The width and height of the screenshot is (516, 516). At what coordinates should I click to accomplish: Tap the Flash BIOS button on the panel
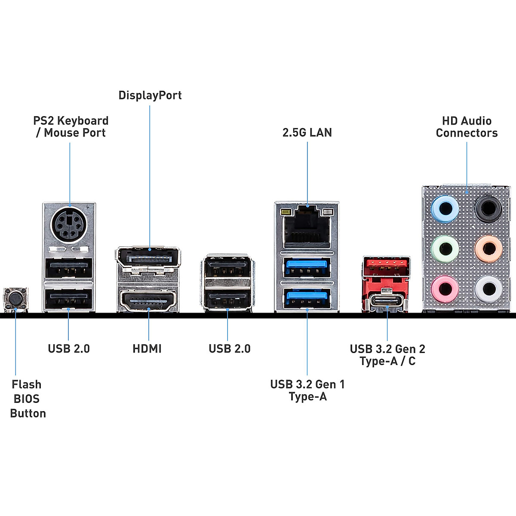[15, 298]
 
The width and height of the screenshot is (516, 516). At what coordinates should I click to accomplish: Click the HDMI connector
[149, 301]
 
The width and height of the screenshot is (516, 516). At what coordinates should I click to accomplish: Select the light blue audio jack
[445, 209]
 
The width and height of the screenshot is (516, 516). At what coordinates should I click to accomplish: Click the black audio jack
[488, 209]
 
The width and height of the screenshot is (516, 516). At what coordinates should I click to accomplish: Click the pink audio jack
[445, 289]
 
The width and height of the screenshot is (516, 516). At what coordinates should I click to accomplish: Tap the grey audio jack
[488, 289]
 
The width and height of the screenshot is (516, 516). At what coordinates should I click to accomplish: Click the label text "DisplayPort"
[150, 95]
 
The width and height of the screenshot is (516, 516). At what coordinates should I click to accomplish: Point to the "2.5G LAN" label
[307, 132]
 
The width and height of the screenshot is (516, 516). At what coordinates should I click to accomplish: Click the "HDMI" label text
[147, 348]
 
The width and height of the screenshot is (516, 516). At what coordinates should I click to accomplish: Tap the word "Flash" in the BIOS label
[27, 384]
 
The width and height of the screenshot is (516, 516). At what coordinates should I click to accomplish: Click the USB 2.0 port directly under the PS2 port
[69, 268]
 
